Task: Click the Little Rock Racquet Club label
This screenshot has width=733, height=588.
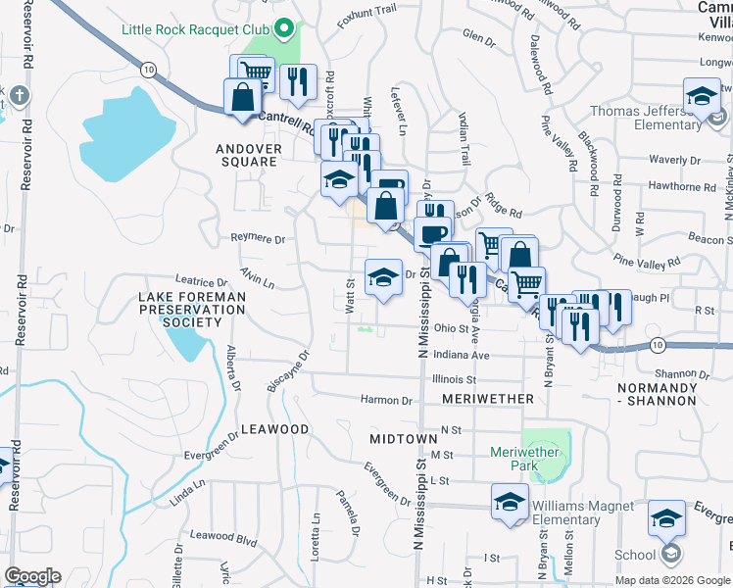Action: click(x=195, y=28)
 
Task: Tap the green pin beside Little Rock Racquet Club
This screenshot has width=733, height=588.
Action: click(x=285, y=28)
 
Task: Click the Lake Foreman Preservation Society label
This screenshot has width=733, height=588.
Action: click(x=192, y=309)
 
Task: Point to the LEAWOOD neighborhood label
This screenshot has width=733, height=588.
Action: click(x=275, y=429)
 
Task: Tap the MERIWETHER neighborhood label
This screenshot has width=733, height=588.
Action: click(x=488, y=399)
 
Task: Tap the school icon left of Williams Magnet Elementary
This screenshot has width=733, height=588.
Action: click(x=510, y=501)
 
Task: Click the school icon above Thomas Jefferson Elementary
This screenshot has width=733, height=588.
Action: click(x=701, y=96)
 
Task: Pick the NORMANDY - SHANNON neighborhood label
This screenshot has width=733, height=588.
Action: click(x=658, y=394)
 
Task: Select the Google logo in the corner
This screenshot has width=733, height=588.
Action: click(x=32, y=576)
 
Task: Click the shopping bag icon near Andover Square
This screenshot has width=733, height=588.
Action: click(x=242, y=97)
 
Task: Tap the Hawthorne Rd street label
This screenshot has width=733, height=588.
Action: click(x=690, y=186)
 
